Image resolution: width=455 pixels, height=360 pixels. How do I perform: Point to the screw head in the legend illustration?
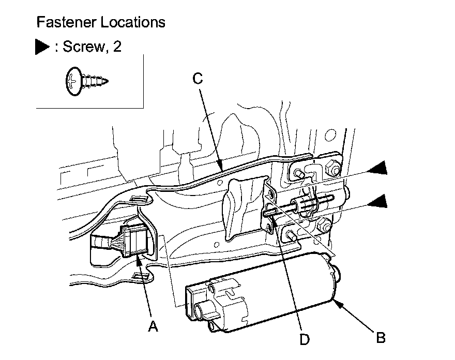(x=72, y=80)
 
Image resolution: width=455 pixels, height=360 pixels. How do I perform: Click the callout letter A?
(x=152, y=326)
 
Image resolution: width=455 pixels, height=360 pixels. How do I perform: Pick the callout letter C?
(x=198, y=79)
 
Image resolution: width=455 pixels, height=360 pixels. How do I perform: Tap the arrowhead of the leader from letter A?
(x=140, y=258)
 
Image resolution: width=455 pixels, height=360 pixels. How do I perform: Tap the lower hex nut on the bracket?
(x=323, y=224)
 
